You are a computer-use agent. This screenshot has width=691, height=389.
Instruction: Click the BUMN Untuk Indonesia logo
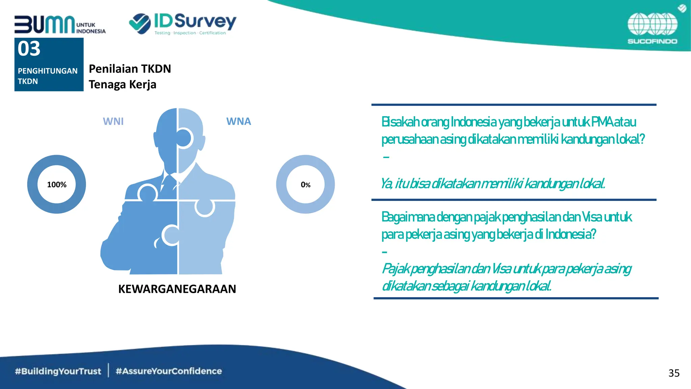click(x=60, y=25)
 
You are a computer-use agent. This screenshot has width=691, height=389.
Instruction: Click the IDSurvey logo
click(x=183, y=24)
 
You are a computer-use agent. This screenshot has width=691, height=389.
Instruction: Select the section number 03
click(x=29, y=49)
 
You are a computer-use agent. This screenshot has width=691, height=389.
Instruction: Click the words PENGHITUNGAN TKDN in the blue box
click(x=47, y=76)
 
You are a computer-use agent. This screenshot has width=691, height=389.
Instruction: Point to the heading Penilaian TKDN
click(x=130, y=69)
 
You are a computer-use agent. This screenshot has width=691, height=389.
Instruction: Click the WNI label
click(x=113, y=121)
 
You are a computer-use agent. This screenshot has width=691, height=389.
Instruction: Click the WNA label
click(x=239, y=121)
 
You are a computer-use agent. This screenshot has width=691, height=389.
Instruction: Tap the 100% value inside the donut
click(x=57, y=185)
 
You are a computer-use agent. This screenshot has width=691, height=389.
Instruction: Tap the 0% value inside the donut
click(x=305, y=185)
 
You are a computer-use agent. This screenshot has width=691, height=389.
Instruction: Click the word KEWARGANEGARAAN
click(x=177, y=289)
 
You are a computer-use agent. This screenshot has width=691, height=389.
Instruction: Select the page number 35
click(x=674, y=373)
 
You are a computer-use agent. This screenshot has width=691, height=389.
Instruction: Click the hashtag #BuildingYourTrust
click(x=58, y=371)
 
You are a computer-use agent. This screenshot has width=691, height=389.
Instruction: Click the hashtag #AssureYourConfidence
click(x=169, y=371)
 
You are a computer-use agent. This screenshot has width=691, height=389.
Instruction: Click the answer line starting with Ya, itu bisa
click(x=493, y=184)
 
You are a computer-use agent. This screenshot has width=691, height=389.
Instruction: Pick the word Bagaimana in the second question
click(x=408, y=217)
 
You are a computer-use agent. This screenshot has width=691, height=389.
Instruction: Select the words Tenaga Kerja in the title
click(x=122, y=84)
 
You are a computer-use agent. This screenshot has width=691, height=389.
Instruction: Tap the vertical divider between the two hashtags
click(x=108, y=370)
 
